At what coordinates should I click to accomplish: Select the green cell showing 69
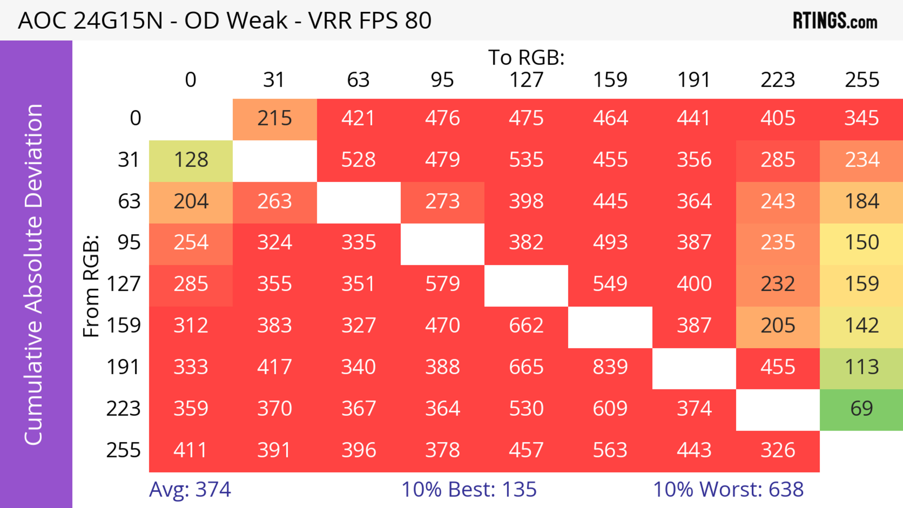point(861,409)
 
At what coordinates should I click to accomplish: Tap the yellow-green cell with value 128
point(191,160)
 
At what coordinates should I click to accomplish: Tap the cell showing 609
point(610,409)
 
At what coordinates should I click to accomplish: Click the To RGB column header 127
point(526,80)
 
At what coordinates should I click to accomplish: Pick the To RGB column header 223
point(778,80)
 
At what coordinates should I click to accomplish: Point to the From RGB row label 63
point(129,201)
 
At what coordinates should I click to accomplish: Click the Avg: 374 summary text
point(190,489)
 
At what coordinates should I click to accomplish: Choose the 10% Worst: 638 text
point(728,489)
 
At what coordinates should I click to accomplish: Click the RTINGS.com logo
point(835,21)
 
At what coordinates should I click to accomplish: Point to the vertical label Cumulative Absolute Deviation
point(34,274)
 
